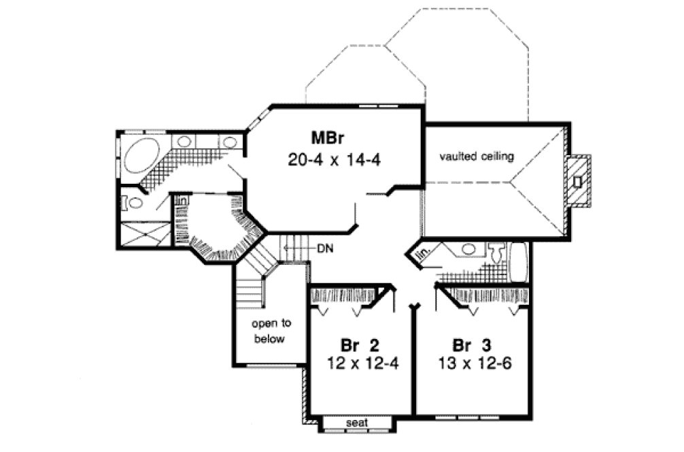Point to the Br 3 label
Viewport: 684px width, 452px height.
tap(469, 343)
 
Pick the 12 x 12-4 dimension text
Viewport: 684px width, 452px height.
tap(359, 362)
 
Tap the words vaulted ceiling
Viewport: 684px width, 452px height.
tap(475, 156)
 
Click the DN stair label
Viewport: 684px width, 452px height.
tap(324, 248)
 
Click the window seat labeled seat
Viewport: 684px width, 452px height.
tap(358, 423)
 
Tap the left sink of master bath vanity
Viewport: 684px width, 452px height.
tap(184, 142)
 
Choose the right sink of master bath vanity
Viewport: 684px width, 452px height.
tap(230, 142)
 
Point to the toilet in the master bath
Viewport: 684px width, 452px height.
tap(135, 202)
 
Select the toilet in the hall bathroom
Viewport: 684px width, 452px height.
tap(496, 254)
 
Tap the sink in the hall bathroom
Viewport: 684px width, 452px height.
tap(468, 249)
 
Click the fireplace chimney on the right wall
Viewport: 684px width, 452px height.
tap(577, 181)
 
